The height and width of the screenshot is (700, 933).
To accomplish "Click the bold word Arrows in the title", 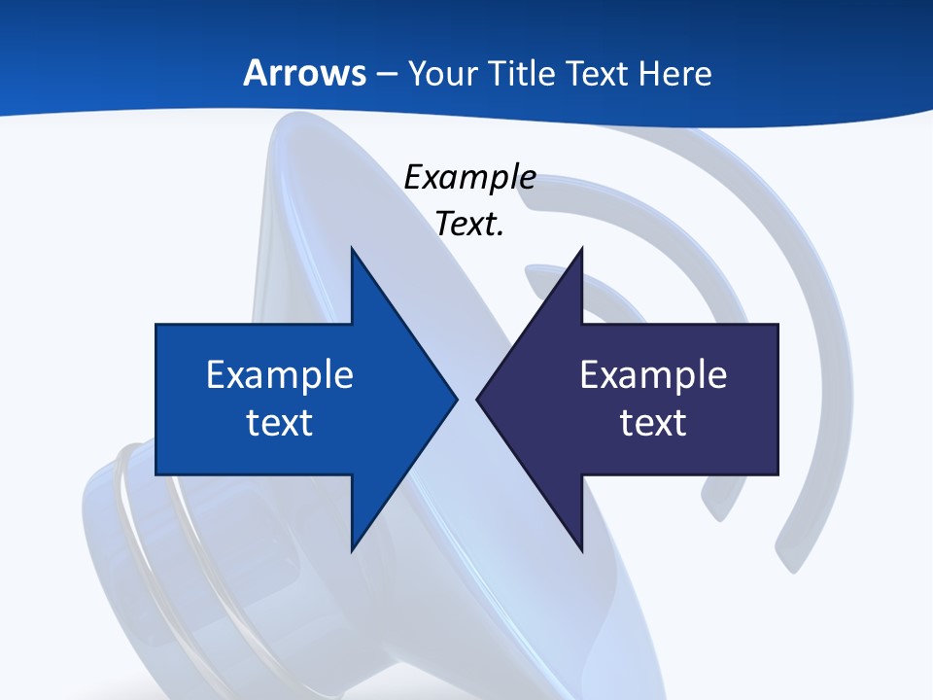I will (304, 74).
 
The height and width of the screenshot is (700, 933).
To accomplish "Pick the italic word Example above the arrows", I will (469, 178).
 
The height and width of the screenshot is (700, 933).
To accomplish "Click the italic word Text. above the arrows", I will (469, 225).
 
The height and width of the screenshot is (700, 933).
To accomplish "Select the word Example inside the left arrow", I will (280, 375).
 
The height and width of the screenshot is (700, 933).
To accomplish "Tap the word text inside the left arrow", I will (280, 423).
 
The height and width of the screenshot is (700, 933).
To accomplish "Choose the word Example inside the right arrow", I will (653, 375).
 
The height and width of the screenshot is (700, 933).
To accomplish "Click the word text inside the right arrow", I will (653, 423).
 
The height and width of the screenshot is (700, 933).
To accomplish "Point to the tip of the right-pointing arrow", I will (457, 399).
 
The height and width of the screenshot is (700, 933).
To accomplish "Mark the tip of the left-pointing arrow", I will (477, 399).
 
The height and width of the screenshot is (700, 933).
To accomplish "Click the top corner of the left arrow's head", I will (352, 249).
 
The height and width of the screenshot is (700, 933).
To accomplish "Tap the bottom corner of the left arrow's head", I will (352, 550).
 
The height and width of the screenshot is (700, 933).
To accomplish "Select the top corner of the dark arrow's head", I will (581, 249).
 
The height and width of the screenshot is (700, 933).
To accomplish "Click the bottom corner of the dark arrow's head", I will (581, 550).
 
